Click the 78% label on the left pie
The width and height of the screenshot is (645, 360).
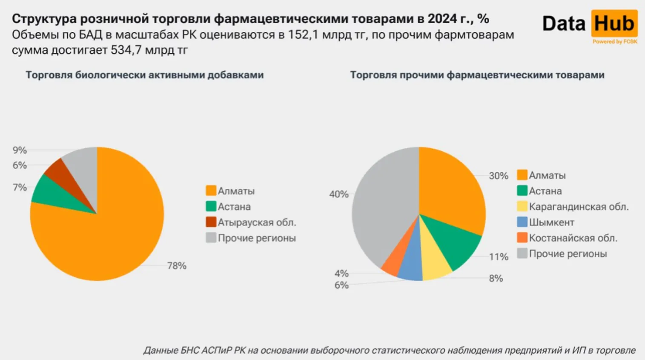177,266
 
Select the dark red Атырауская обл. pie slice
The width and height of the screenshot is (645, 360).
58,170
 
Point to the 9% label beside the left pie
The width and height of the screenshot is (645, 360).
20,150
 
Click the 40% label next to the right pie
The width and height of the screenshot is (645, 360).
339,194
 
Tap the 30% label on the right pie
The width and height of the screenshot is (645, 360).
499,176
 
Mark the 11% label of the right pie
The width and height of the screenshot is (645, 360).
499,257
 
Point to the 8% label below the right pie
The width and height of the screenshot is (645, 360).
496,278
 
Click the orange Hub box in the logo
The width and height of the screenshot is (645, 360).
614,23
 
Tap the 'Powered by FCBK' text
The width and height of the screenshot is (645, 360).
615,42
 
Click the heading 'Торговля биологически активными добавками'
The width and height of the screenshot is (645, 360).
145,75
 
